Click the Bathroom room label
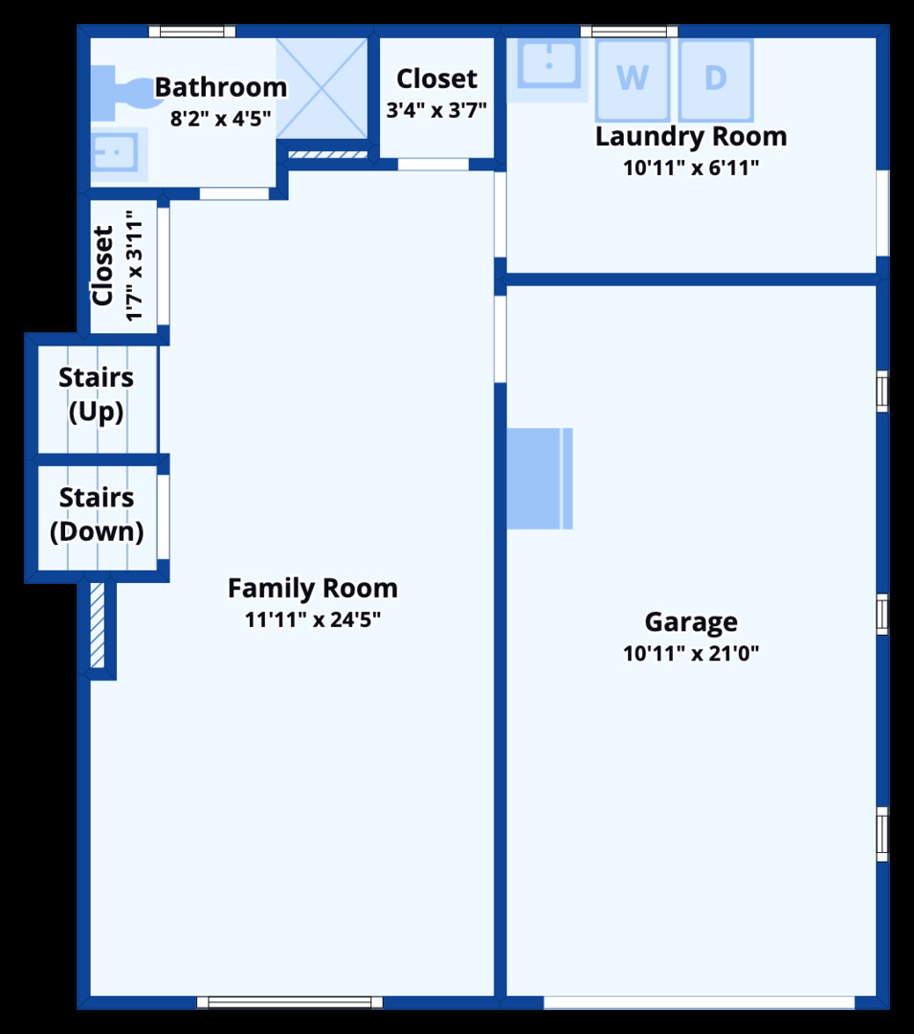[221, 87]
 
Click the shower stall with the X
[322, 88]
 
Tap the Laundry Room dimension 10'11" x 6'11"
[691, 168]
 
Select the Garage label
[691, 622]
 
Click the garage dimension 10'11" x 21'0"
[691, 653]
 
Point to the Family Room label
[313, 588]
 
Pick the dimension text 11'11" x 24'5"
[313, 619]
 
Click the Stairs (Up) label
[97, 394]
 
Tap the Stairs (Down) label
[97, 514]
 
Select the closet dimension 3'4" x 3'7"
[436, 109]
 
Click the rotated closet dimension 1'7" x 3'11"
[134, 266]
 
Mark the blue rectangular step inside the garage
[540, 478]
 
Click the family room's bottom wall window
[290, 1002]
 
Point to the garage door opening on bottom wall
[700, 1002]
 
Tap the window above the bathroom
[191, 31]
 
